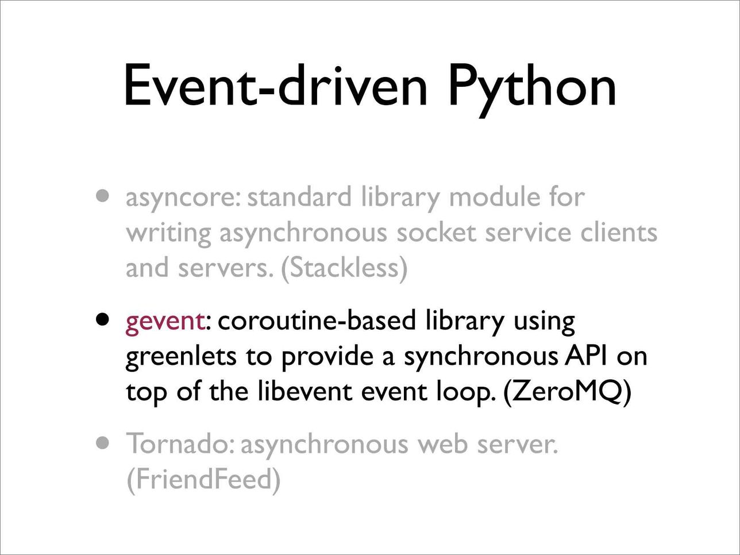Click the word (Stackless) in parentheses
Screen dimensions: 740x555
[344, 269]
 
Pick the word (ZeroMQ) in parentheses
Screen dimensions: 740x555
[566, 392]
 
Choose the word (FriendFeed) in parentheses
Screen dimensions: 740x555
[203, 480]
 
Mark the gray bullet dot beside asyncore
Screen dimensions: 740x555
[102, 196]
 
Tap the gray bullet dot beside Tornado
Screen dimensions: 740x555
[102, 443]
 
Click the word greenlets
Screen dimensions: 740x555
[181, 358]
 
